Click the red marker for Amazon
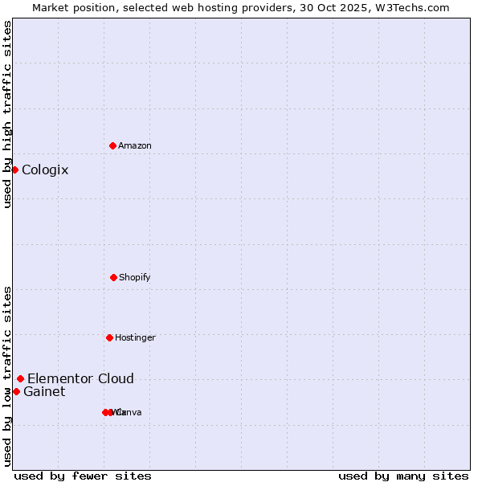click(113, 145)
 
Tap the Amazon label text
click(135, 146)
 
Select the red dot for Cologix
click(14, 170)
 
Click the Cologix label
click(45, 170)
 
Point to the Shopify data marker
click(113, 277)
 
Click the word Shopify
click(135, 278)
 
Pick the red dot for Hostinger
click(109, 337)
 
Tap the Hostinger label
click(135, 338)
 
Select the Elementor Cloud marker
click(20, 378)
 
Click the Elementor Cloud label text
click(80, 379)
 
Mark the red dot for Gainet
click(16, 391)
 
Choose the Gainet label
click(44, 392)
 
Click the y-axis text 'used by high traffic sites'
click(7, 114)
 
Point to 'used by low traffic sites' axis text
click(7, 375)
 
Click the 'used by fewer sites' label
click(83, 476)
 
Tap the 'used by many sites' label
click(403, 476)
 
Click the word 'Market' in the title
click(49, 7)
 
